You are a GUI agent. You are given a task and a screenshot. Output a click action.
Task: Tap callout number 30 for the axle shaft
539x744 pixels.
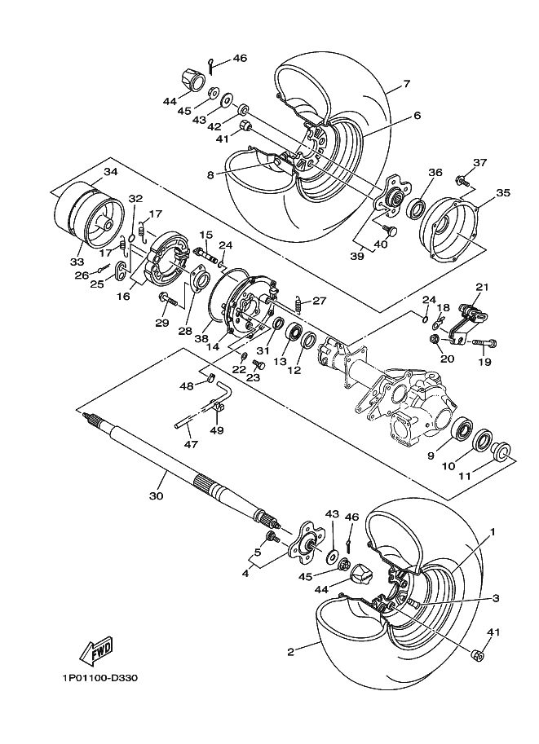pyautogui.click(x=157, y=495)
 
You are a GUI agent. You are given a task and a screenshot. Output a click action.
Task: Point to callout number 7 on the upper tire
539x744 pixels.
pyautogui.click(x=405, y=83)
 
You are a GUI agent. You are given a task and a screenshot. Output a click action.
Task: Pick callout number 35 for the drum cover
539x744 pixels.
pyautogui.click(x=503, y=193)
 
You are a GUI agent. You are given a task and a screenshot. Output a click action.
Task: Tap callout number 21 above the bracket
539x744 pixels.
pyautogui.click(x=482, y=287)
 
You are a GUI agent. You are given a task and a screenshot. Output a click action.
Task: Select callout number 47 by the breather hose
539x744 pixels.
pyautogui.click(x=190, y=444)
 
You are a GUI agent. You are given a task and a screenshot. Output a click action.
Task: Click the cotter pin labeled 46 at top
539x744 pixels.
pyautogui.click(x=212, y=63)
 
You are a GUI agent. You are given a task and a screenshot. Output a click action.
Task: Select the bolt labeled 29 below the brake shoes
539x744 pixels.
pyautogui.click(x=166, y=300)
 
